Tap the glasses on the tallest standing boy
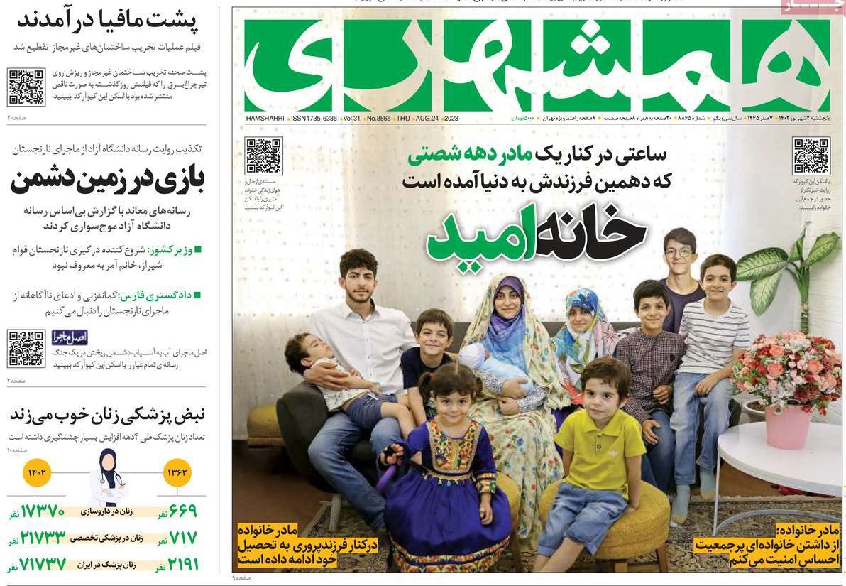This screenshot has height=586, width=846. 679,251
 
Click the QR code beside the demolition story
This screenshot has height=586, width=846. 26,87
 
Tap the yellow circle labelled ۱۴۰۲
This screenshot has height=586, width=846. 37,472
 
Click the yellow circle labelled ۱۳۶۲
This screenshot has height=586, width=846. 177,472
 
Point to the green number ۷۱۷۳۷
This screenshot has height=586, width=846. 43,565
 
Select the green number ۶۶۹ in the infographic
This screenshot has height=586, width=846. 183,511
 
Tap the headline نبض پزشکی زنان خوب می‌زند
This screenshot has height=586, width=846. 106,414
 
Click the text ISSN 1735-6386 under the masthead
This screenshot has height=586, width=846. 314,118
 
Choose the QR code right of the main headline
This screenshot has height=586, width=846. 811,156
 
